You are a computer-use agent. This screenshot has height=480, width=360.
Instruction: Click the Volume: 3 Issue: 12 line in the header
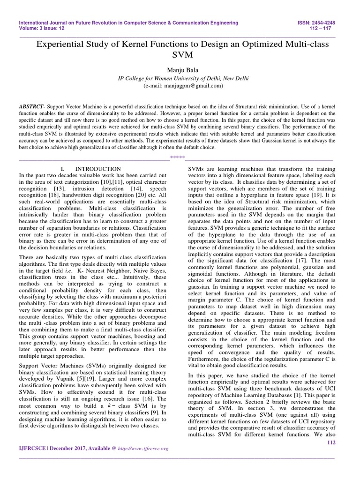41,28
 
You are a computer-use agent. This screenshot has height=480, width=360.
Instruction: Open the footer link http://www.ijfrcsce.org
141,449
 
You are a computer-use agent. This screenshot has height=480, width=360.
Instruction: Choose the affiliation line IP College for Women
183,78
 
